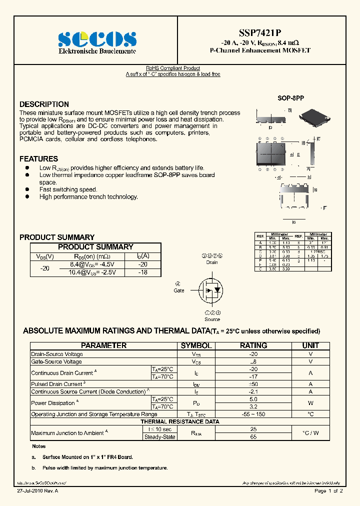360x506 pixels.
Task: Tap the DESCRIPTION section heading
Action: point(44,104)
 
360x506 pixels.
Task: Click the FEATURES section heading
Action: point(38,159)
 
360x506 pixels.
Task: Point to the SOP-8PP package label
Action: point(290,99)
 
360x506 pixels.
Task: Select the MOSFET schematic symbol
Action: point(211,290)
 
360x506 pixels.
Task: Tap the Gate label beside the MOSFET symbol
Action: point(179,290)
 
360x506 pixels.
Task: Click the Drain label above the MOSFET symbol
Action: point(212,262)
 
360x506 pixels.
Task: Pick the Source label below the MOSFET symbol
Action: point(212,319)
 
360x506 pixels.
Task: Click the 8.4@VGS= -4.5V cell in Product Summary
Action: point(92,264)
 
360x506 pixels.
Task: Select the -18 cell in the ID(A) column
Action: point(143,272)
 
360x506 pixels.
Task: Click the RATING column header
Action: point(253,345)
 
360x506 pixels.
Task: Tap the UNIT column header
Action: point(310,345)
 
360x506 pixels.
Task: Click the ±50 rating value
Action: point(253,384)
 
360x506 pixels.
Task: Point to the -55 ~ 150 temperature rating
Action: point(253,414)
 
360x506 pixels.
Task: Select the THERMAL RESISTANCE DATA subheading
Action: point(180,421)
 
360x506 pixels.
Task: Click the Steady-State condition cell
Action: point(159,437)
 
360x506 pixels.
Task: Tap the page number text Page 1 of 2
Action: point(328,491)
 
